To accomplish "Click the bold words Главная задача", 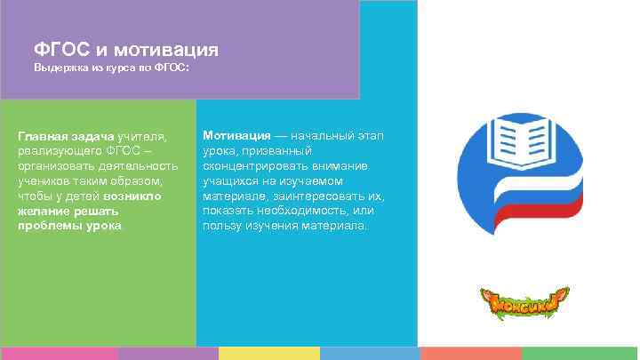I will tap(66, 136).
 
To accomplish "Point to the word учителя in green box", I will tap(142, 136).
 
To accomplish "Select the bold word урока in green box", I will tap(103, 226).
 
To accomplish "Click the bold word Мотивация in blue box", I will tap(236, 135).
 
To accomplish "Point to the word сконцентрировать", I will tap(253, 166).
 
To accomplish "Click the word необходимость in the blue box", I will tap(300, 211).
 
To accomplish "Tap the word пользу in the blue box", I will tap(221, 226).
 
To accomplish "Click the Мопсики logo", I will tap(524, 303).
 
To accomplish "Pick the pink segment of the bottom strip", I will tap(59, 353).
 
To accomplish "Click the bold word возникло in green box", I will tap(132, 196).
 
